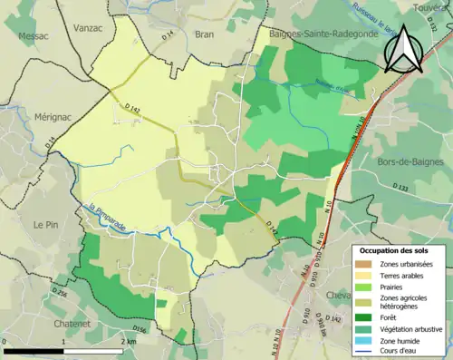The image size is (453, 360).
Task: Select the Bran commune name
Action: click(204, 34)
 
